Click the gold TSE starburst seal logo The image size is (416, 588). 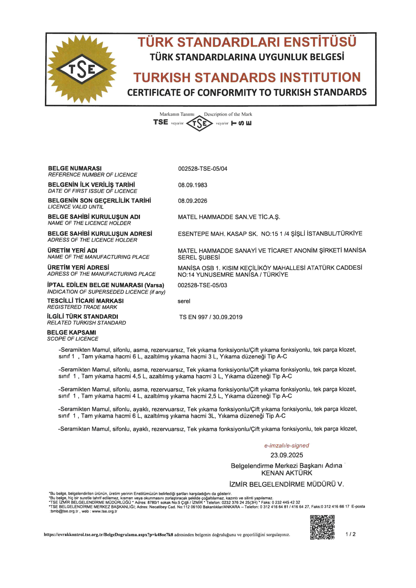(x=81, y=69)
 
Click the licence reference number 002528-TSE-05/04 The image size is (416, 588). (x=203, y=169)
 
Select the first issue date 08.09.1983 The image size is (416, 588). (x=193, y=185)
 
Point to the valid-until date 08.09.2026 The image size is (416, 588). (x=193, y=201)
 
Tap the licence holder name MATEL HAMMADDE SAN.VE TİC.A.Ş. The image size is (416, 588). (x=229, y=217)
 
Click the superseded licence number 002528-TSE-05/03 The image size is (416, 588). (x=202, y=285)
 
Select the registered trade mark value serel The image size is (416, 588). (x=184, y=301)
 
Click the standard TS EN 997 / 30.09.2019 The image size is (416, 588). (x=211, y=317)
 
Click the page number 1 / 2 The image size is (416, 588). (x=350, y=534)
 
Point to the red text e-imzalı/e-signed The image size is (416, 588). (x=287, y=445)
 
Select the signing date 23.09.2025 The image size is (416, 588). (x=287, y=455)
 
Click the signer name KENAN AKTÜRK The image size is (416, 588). (x=287, y=473)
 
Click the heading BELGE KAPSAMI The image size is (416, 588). (x=71, y=332)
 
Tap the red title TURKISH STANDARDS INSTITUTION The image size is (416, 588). (x=247, y=77)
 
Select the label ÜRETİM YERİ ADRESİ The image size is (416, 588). (x=78, y=267)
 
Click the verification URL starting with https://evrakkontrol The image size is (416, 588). (x=108, y=534)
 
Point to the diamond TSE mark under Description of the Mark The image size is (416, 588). (x=199, y=123)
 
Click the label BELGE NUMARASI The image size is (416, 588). (x=75, y=169)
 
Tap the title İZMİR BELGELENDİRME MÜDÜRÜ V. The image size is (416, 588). (x=287, y=484)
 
